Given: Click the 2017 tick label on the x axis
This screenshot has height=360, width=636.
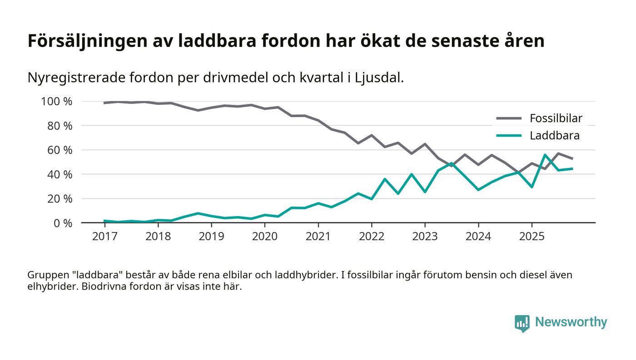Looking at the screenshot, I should click(x=104, y=237).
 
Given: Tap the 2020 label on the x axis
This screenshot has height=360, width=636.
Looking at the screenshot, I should click(x=264, y=237).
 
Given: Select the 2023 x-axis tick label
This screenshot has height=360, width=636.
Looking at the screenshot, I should click(x=424, y=237).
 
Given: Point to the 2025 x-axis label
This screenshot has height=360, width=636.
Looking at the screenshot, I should click(x=532, y=237).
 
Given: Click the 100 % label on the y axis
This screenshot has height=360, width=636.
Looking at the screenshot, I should click(x=56, y=101).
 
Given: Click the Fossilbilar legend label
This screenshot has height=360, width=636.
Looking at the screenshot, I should click(x=556, y=119).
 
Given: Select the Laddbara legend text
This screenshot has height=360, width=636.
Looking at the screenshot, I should click(x=555, y=135).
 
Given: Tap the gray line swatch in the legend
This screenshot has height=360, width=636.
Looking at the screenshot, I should click(x=509, y=119).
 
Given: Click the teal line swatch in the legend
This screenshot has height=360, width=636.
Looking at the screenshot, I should click(x=509, y=135).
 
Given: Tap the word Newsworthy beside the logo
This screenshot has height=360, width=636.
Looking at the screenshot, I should click(x=571, y=322).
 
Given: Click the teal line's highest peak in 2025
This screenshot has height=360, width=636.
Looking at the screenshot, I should click(x=545, y=155).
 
